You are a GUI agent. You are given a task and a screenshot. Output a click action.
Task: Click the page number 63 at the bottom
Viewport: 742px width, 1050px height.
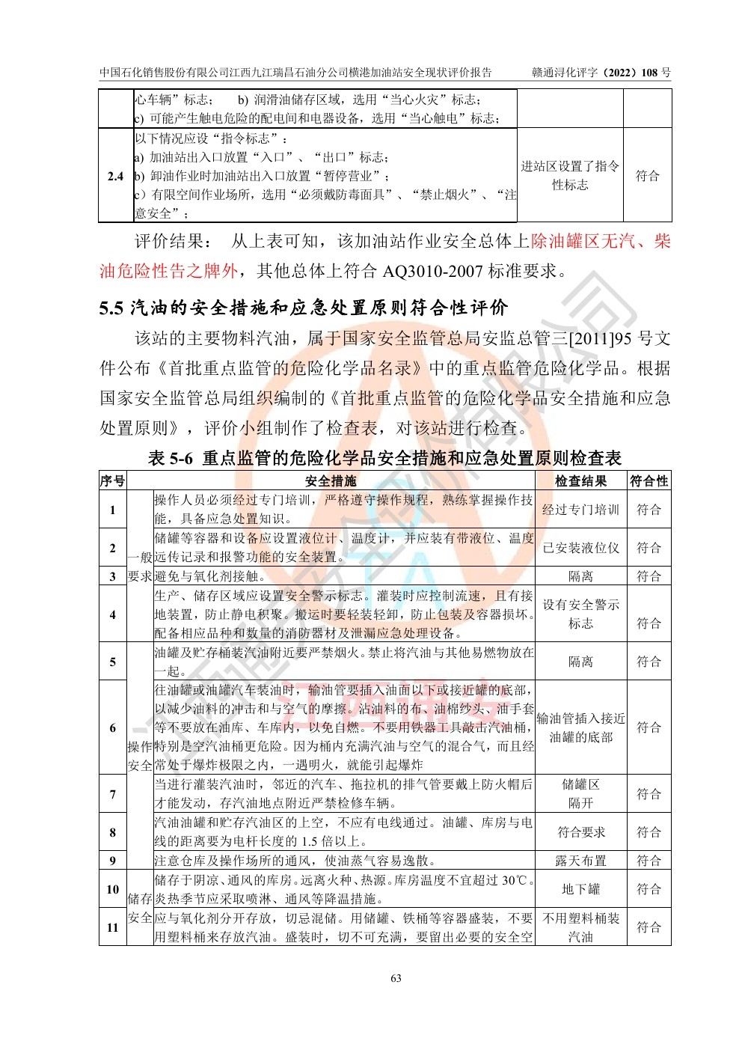click(x=396, y=978)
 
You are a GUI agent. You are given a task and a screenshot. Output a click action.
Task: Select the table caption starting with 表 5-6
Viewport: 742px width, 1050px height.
click(x=384, y=457)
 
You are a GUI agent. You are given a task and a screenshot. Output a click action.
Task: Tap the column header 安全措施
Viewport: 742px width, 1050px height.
click(x=331, y=481)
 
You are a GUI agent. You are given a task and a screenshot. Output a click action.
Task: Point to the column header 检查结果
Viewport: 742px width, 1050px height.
click(x=580, y=481)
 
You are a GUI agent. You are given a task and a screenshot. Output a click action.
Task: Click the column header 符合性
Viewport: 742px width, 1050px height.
click(x=649, y=481)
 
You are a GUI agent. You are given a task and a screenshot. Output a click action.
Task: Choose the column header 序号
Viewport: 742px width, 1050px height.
click(x=113, y=481)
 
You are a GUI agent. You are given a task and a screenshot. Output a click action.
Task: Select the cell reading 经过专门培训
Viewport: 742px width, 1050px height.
click(x=580, y=510)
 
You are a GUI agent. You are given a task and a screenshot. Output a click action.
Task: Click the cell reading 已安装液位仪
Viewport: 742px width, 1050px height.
click(x=580, y=548)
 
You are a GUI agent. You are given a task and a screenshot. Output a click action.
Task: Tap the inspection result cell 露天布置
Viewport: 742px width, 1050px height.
click(x=580, y=861)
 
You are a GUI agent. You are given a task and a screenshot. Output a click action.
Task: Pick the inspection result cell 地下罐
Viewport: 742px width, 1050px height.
click(x=580, y=889)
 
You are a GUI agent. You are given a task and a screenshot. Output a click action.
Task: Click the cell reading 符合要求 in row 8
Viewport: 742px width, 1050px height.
click(x=580, y=832)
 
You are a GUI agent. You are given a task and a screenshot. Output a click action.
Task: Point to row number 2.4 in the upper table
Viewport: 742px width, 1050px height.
click(x=115, y=177)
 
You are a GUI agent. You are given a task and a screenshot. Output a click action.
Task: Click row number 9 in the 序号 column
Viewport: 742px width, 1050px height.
click(x=113, y=861)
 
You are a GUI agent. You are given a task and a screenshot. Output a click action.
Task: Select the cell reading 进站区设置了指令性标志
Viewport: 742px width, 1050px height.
click(x=570, y=176)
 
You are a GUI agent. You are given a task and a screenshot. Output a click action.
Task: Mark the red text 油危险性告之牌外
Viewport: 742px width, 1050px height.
click(x=169, y=271)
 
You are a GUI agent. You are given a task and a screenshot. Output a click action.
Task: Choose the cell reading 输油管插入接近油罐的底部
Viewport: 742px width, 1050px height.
click(x=580, y=727)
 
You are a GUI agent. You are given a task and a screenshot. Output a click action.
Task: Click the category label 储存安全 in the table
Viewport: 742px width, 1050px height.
click(x=140, y=908)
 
